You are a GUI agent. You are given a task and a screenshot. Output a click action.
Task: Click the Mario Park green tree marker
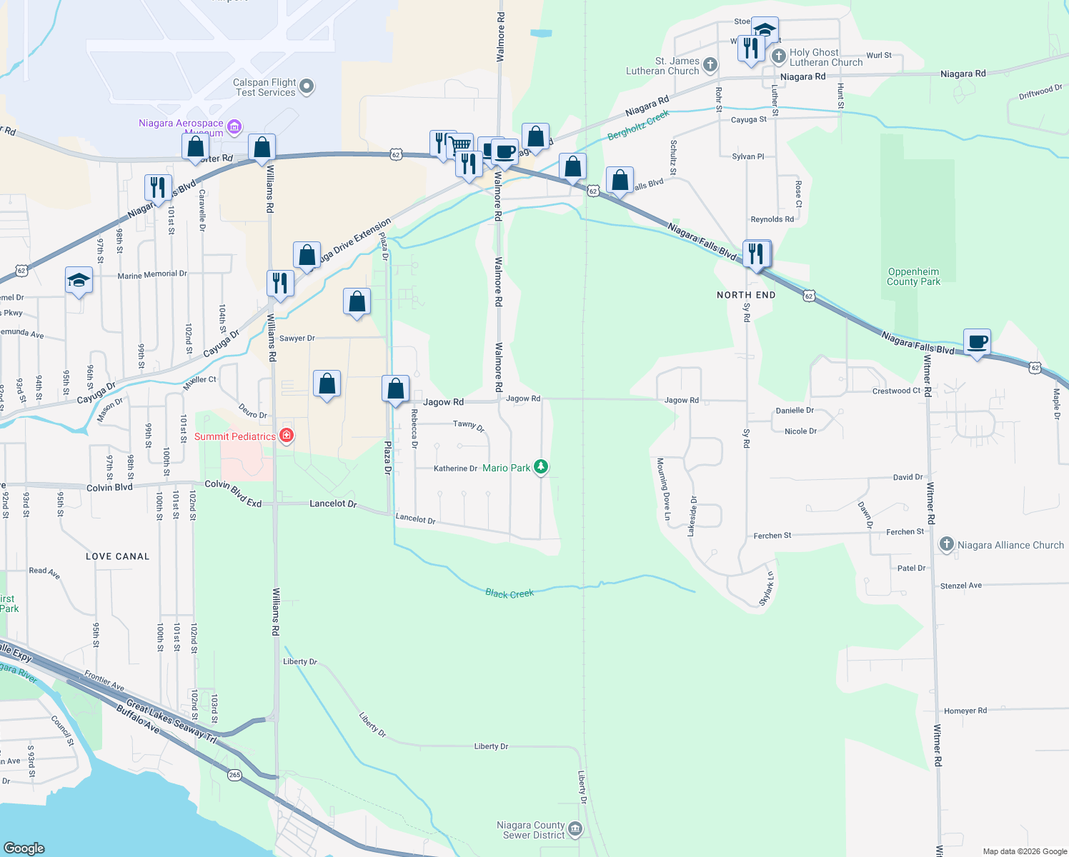click(542, 467)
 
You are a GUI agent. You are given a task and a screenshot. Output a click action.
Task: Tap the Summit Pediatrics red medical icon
click(287, 435)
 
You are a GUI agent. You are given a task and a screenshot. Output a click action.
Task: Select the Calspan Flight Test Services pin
click(307, 86)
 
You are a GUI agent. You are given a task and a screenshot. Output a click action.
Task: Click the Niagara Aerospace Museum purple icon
click(234, 127)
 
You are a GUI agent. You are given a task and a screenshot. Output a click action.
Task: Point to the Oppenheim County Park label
click(913, 276)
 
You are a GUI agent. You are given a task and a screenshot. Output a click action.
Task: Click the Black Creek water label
click(509, 593)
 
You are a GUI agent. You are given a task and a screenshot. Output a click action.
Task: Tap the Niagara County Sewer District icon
click(575, 829)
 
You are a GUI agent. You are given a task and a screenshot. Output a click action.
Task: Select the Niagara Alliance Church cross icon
click(946, 545)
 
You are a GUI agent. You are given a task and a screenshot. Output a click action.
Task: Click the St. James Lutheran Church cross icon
click(710, 65)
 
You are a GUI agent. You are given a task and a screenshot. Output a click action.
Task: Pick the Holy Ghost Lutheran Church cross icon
click(779, 56)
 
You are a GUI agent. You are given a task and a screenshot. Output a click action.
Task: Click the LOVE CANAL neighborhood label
click(118, 556)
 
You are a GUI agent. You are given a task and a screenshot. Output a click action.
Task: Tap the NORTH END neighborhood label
click(746, 295)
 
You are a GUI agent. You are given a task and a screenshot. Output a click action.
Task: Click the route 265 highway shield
click(235, 775)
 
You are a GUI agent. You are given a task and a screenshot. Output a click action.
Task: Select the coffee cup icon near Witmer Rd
click(977, 342)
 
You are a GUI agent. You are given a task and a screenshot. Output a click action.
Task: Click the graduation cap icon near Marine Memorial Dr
click(79, 281)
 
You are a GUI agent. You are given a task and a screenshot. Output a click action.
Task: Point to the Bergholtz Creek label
click(638, 125)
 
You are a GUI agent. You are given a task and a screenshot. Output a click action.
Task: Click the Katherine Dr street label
click(455, 468)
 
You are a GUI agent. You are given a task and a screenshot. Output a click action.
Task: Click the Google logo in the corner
click(24, 848)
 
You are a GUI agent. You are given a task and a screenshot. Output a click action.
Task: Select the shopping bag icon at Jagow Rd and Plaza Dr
click(395, 389)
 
